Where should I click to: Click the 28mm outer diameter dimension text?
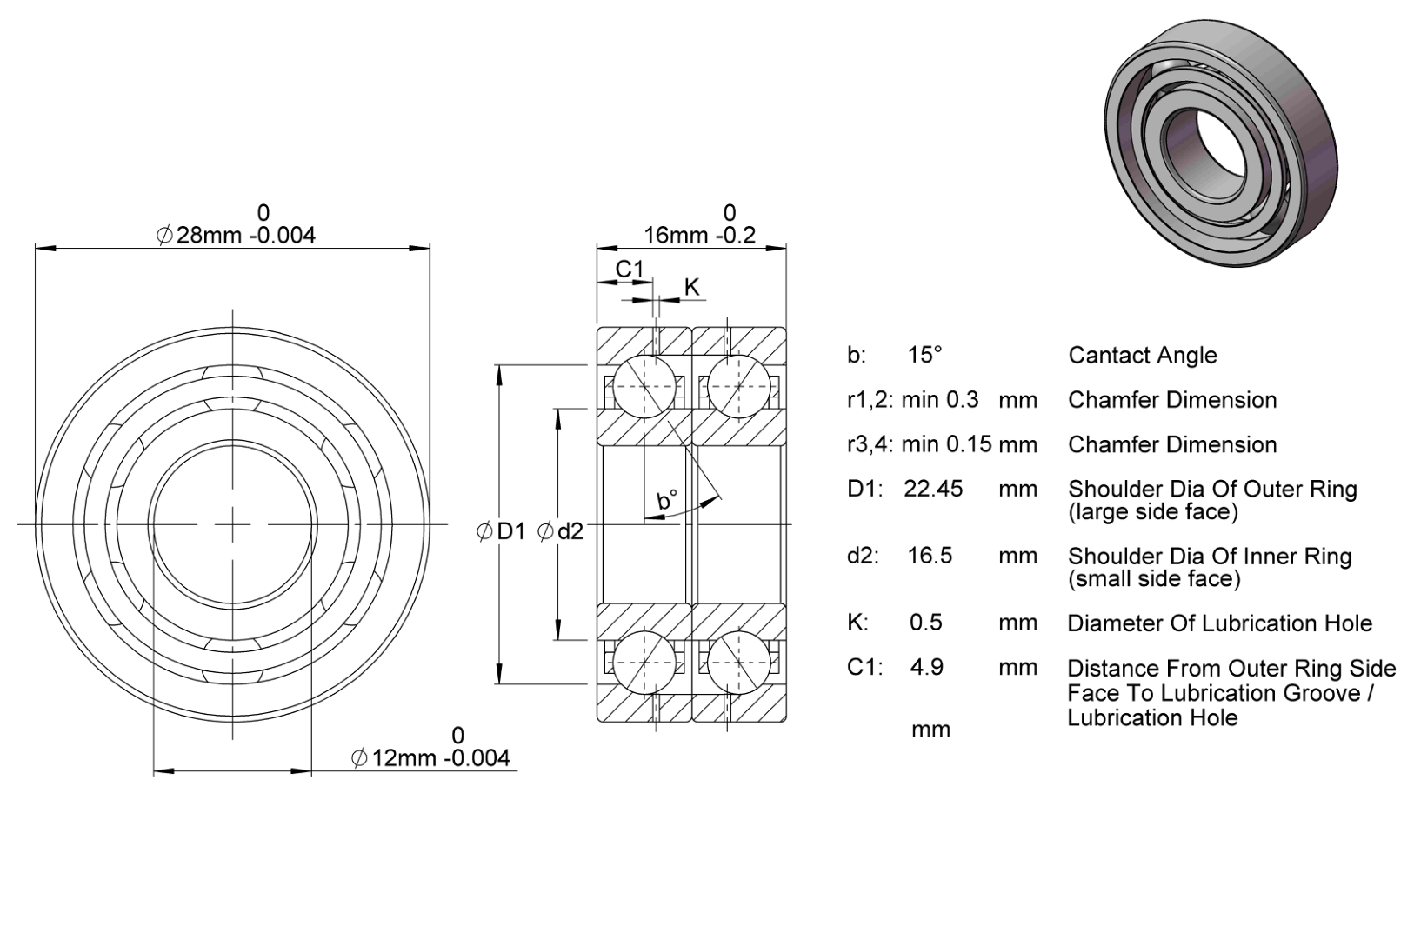click(x=236, y=235)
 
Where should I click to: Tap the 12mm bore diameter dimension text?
click(x=430, y=757)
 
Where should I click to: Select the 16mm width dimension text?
click(x=699, y=235)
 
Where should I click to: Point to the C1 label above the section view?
click(x=629, y=269)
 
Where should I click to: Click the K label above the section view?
click(x=692, y=287)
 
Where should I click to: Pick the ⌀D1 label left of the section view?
click(x=501, y=531)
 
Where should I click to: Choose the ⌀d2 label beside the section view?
click(x=561, y=531)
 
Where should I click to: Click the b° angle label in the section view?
click(x=667, y=500)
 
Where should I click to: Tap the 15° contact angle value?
click(x=924, y=355)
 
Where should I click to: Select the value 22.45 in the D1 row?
click(x=934, y=489)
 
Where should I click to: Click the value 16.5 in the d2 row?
click(x=930, y=556)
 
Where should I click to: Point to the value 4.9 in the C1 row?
click(x=927, y=667)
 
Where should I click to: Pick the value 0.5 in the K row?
click(x=926, y=623)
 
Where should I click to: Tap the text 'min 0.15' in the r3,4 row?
click(x=946, y=444)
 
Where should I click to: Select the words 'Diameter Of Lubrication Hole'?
click(x=1219, y=623)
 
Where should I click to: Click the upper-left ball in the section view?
click(x=644, y=386)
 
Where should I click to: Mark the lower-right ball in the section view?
click(x=739, y=663)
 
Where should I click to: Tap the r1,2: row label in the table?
click(x=870, y=400)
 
